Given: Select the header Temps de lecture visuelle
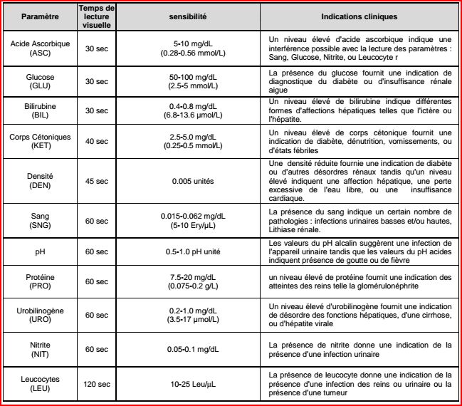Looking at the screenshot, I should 97,16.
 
